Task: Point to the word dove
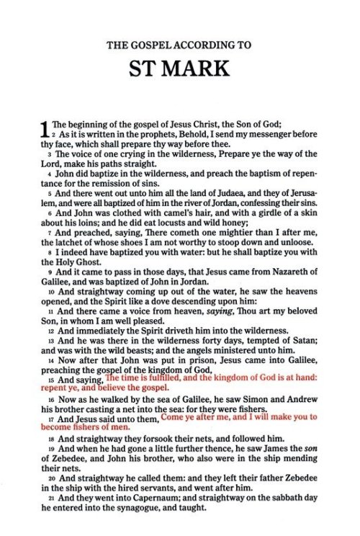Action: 158,311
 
